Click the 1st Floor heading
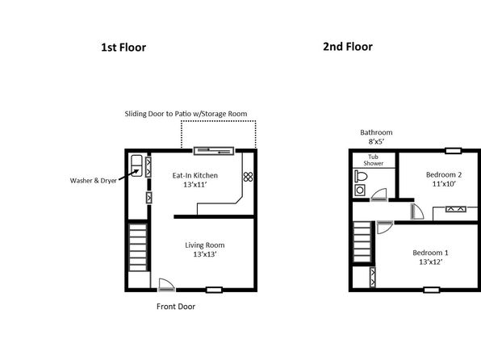[123, 48]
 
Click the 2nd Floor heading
[348, 47]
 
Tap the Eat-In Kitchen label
[195, 175]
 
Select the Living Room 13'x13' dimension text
[205, 254]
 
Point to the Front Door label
[176, 306]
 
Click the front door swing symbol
[166, 285]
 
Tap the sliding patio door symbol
[214, 151]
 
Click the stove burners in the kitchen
[249, 177]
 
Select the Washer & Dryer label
[94, 181]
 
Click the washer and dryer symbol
[136, 165]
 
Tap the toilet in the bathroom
[361, 176]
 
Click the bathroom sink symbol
[360, 190]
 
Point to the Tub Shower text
[374, 160]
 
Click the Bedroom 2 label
[444, 174]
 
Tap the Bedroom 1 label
[430, 253]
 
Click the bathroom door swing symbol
[379, 195]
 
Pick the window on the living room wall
[214, 290]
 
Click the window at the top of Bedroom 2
[454, 151]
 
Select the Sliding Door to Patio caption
[186, 114]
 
